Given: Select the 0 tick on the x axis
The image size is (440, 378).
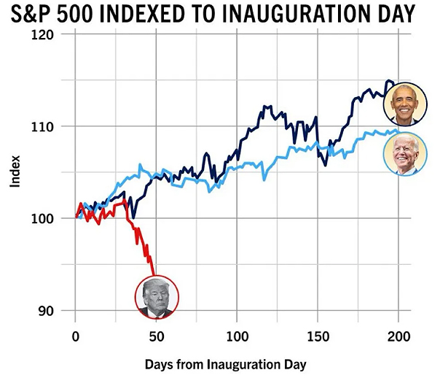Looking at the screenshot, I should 75,336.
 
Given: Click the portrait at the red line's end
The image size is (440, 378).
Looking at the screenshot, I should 156,297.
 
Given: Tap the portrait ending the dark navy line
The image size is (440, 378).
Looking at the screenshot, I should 405,106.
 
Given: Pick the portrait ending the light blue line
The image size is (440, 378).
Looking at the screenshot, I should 405,154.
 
